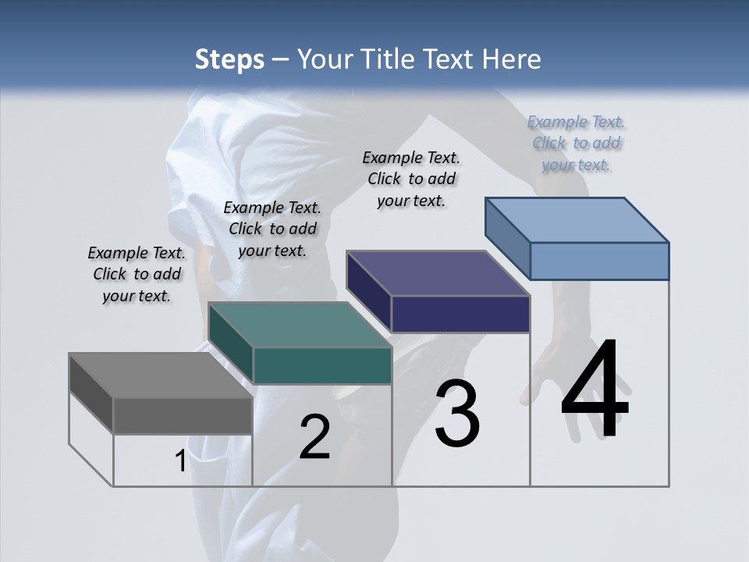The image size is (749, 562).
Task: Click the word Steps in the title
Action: pos(229,59)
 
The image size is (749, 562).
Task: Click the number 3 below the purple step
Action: pos(457,414)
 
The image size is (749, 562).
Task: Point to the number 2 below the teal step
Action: pos(314,436)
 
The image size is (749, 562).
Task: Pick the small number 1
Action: pos(180,461)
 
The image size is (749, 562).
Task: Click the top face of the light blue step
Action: pos(577,220)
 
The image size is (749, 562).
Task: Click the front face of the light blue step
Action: pos(599,261)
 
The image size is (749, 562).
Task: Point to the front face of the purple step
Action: pos(460,314)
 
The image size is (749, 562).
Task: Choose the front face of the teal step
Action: pos(321,365)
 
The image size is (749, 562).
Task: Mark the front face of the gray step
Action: pos(183,415)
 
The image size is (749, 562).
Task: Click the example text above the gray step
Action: pos(137,274)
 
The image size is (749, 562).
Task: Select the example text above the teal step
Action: pos(272,229)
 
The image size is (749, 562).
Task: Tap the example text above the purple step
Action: pos(411,179)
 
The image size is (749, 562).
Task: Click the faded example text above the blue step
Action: pos(577,143)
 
